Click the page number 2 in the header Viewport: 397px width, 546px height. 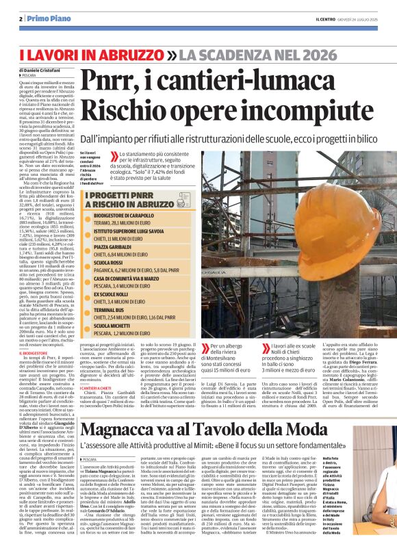22,18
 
